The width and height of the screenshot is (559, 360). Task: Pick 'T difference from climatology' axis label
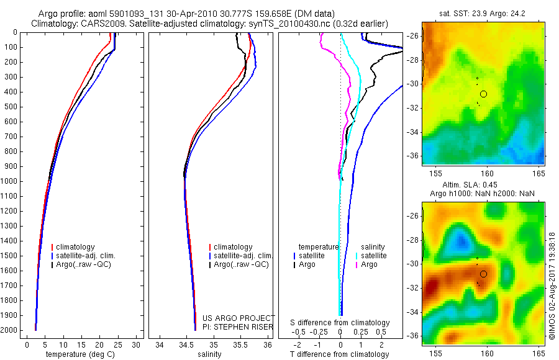pyautogui.click(x=340, y=354)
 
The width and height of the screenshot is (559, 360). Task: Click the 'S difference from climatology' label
pyautogui.click(x=340, y=323)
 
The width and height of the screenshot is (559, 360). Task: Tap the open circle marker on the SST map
pyautogui.click(x=483, y=94)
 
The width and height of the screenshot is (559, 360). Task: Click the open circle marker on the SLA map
pyautogui.click(x=483, y=274)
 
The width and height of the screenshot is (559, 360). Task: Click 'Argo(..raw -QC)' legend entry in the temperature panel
pyautogui.click(x=84, y=264)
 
